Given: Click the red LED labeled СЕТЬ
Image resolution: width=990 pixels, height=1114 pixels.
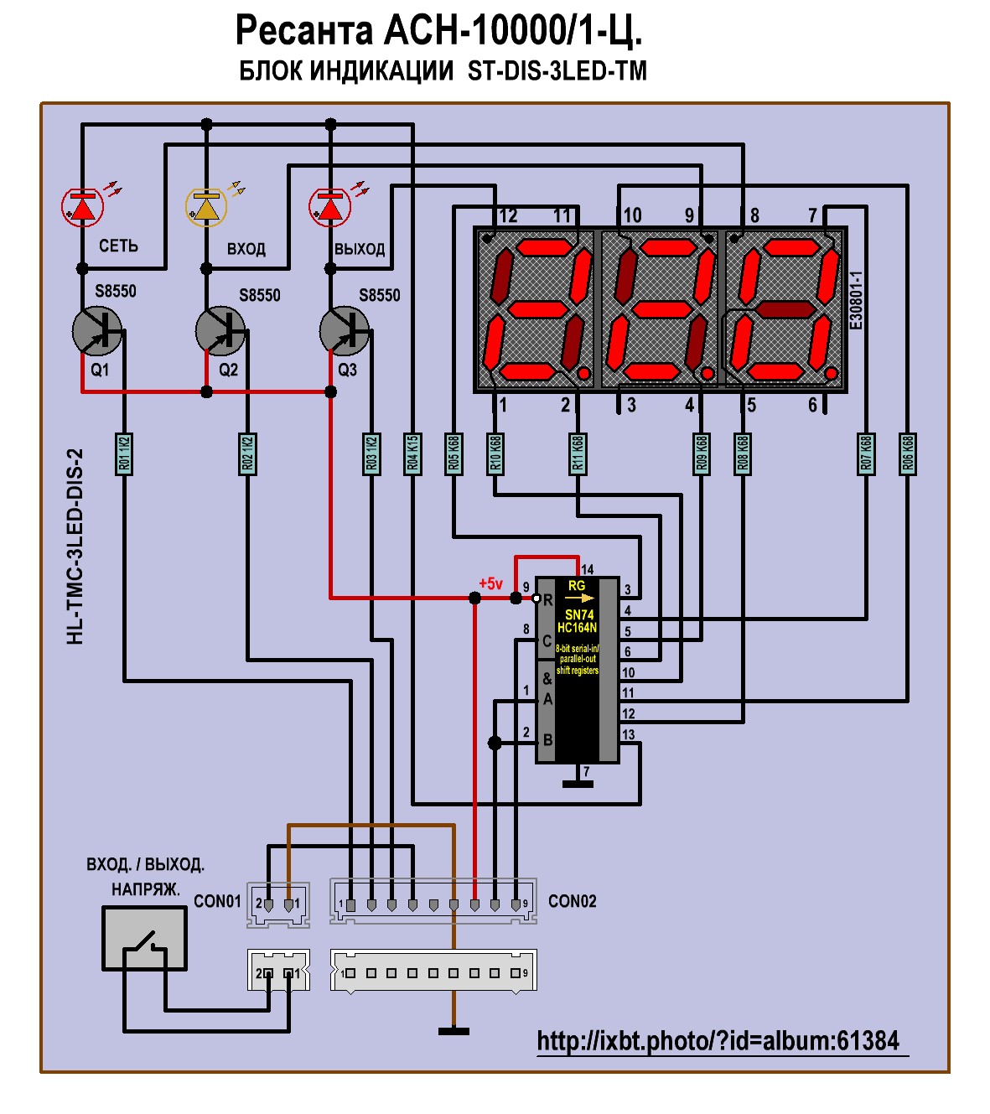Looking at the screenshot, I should [82, 207].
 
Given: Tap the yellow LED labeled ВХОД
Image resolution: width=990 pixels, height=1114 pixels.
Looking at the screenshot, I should [206, 206].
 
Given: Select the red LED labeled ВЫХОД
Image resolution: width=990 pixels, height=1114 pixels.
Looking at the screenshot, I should [329, 207].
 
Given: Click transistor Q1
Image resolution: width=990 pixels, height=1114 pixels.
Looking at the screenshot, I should [96, 331].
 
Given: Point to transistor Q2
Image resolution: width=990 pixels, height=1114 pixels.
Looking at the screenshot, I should [220, 331].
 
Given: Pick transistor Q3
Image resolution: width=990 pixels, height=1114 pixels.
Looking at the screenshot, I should [344, 331].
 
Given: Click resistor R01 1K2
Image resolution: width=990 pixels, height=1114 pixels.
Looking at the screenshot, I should [124, 453].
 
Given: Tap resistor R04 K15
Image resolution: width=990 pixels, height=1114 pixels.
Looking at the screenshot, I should [412, 453].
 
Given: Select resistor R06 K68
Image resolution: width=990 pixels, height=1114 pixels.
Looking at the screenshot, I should [907, 453].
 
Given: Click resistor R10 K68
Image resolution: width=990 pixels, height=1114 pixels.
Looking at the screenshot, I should [495, 453].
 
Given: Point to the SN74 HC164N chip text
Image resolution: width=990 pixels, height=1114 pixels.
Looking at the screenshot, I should [578, 621].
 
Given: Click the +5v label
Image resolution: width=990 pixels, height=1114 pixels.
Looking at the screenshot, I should [490, 583].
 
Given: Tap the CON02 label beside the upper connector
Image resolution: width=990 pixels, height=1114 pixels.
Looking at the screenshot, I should [572, 901].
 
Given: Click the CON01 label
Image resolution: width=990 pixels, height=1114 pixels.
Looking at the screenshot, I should [217, 901].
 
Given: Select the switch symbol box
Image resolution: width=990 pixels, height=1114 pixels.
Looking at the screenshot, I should [144, 940].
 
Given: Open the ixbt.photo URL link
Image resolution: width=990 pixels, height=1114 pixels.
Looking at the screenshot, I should [718, 1041].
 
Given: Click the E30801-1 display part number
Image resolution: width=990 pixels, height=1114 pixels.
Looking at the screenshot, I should [856, 300].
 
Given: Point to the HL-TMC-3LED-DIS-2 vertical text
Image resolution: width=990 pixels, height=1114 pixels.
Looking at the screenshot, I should [75, 547].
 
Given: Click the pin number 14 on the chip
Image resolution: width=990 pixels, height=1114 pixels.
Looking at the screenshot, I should [587, 570].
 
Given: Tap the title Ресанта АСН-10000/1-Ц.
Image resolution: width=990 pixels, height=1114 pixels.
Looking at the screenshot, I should [438, 32].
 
